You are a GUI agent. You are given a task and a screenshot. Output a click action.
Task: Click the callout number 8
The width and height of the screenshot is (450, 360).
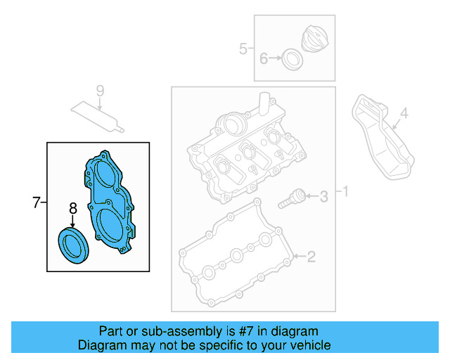pos(72,208)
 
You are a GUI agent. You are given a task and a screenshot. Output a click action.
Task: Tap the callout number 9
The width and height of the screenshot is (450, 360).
pos(100,91)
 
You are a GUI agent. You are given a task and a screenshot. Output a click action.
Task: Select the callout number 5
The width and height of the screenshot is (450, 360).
pos(243,49)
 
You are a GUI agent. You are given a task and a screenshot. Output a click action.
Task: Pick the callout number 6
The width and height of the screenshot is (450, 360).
pos(264,59)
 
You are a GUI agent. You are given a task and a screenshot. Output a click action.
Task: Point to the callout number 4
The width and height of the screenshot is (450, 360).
pos(404,112)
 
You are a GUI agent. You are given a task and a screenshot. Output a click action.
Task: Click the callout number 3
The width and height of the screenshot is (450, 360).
pos(323,196)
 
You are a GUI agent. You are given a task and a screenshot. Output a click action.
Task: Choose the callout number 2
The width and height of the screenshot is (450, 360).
pos(311,257)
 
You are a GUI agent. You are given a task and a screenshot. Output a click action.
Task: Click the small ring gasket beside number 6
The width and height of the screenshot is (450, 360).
pos(292,60)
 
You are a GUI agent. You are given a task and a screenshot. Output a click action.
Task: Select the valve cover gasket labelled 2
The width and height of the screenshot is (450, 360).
pos(236,257)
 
